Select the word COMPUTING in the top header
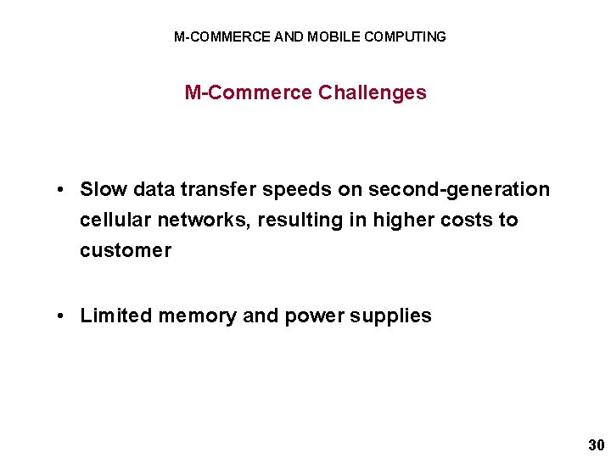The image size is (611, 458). coord(405,36)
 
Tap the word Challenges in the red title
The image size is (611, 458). coord(373,92)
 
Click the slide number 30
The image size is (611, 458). coord(596,445)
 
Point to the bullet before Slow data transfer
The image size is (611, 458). coord(63,190)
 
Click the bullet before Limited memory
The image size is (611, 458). coord(63,316)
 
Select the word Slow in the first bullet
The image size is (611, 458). coord(103,189)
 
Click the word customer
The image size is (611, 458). coord(126,250)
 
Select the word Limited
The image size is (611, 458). coord(114,316)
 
